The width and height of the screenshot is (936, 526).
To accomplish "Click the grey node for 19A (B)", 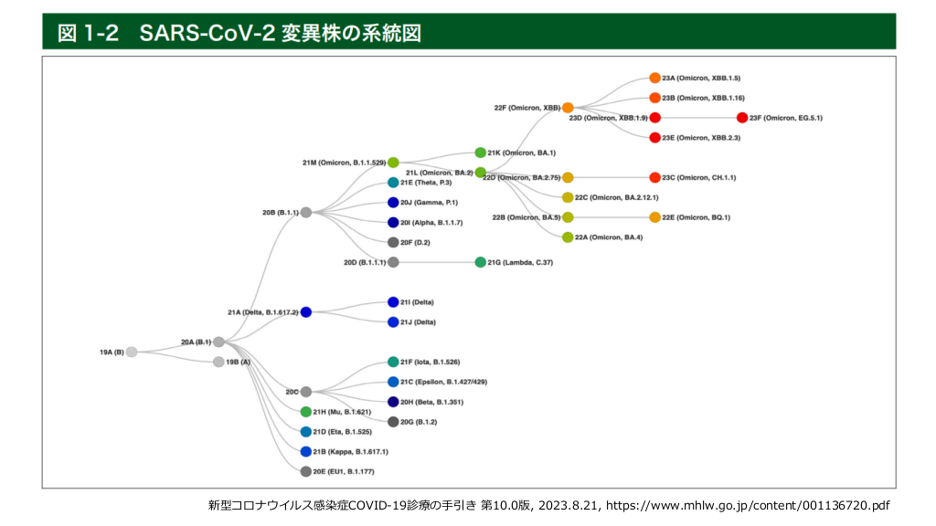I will [x=132, y=352].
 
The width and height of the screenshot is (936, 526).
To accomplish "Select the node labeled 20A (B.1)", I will [x=218, y=342].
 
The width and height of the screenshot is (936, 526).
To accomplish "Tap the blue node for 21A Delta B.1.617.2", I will [x=305, y=311].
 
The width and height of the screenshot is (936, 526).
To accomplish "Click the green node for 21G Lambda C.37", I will [x=481, y=262].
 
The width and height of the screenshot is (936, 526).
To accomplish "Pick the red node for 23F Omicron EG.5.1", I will [x=742, y=118].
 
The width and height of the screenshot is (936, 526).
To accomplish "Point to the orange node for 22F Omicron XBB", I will [x=568, y=108].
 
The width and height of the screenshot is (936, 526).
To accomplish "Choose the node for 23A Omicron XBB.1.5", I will [x=654, y=79].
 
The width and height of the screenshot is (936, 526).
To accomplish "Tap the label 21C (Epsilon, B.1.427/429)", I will [x=443, y=382].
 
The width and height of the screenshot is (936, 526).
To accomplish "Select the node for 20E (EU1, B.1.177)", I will [x=306, y=471].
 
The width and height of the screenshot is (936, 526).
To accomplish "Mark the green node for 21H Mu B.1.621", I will [x=306, y=412].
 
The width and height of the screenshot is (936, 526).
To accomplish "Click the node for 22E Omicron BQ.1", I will [x=654, y=217].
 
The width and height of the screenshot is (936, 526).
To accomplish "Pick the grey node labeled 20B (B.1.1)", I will [x=306, y=212].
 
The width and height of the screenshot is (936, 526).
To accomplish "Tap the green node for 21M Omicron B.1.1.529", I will [x=393, y=163].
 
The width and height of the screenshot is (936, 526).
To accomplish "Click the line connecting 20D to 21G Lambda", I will [x=437, y=262].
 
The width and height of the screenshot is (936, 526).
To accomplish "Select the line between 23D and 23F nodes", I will [x=698, y=118].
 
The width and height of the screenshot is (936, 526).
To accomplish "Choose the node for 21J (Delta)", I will [x=393, y=321].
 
